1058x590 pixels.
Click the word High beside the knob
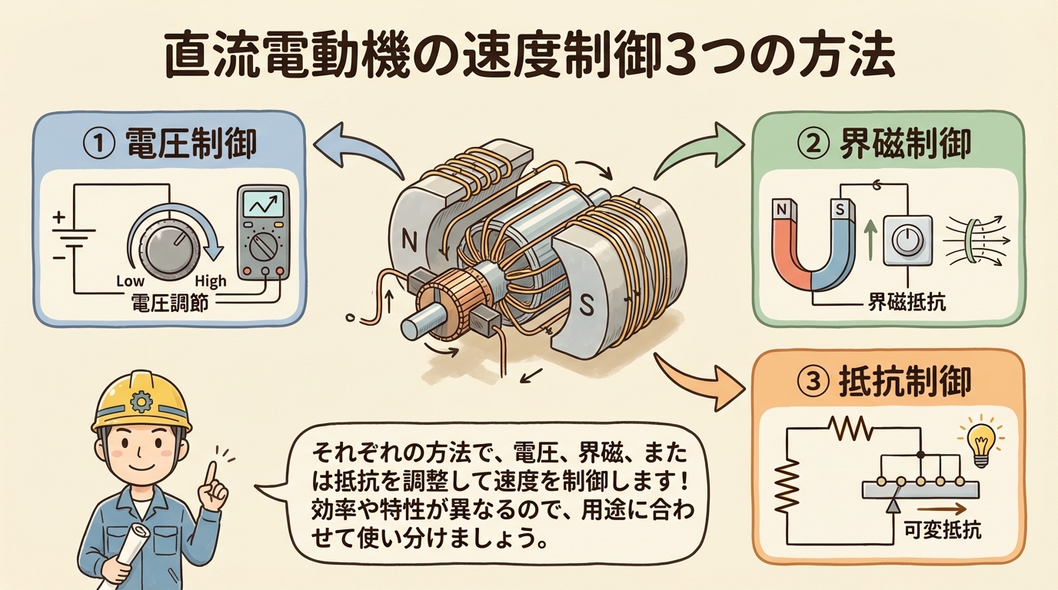coord(211,281)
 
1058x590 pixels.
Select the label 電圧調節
coord(175,303)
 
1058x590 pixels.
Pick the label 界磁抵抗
coord(907,302)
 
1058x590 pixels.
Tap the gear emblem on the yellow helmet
coord(141,400)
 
